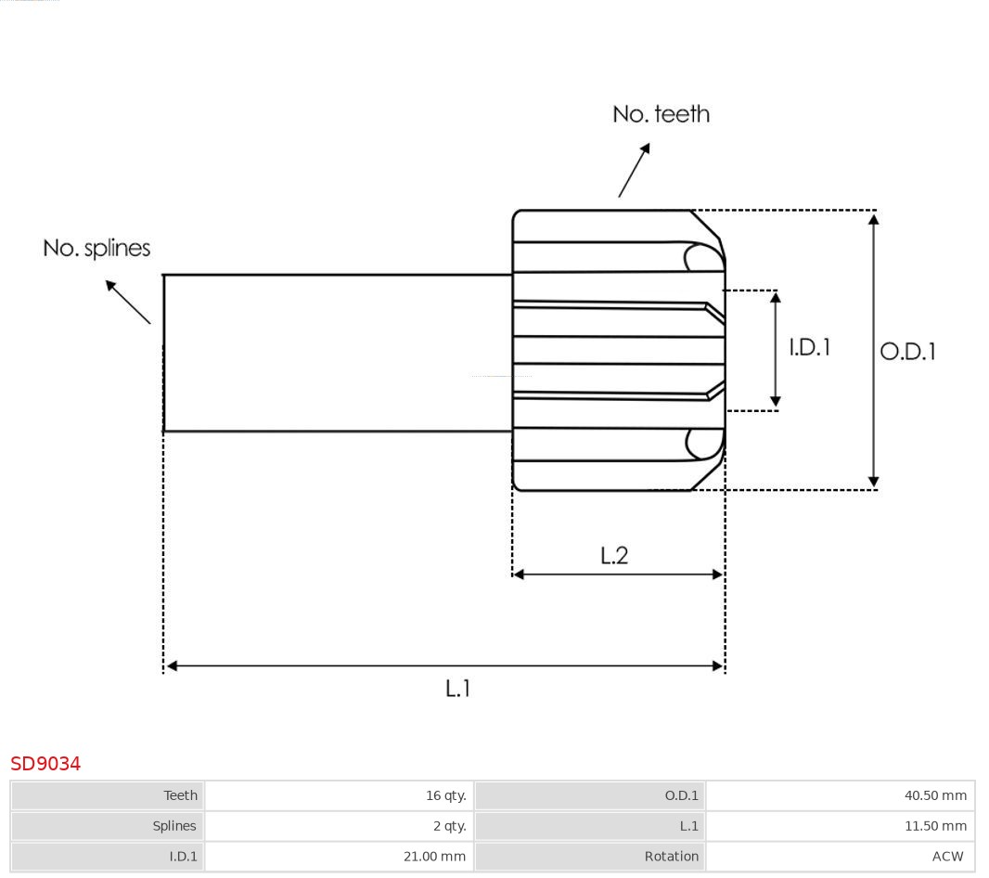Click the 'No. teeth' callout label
coord(661,114)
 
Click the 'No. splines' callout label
coord(96,249)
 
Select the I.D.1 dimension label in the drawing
coord(809,347)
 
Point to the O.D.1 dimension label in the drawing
coord(907,352)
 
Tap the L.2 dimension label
coord(614,555)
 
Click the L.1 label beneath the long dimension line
coord(458,689)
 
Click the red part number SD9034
coord(45,764)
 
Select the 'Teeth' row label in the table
coord(180,795)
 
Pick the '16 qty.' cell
coord(445,795)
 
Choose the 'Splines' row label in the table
coord(174,826)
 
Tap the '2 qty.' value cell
coord(449,826)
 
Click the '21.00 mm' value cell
coord(434,857)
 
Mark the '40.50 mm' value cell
coord(935,795)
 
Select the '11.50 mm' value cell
coord(935,826)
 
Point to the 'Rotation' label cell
coord(672,857)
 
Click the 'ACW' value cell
coord(947,857)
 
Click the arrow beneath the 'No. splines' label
coord(127,302)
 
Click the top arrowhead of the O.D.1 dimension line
coord(873,219)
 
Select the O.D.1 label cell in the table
coord(681,795)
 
